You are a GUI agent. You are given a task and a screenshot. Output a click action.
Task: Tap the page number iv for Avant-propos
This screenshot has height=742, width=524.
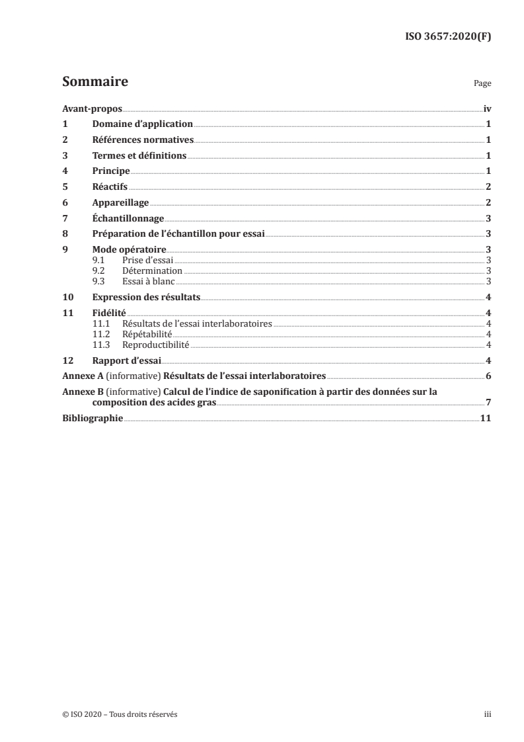click(x=487, y=109)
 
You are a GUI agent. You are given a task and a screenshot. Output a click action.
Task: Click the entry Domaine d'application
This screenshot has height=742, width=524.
click(x=142, y=124)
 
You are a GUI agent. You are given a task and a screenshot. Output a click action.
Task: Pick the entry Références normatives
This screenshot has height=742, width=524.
click(x=143, y=140)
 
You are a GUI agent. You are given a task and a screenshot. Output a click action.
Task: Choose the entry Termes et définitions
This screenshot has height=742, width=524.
click(x=139, y=156)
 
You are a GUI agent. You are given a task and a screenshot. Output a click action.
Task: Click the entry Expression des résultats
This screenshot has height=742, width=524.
click(x=146, y=297)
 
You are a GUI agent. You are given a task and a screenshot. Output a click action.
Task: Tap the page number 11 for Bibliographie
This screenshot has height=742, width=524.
click(x=486, y=419)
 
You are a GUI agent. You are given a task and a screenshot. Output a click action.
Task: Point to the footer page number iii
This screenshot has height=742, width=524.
click(x=488, y=714)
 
